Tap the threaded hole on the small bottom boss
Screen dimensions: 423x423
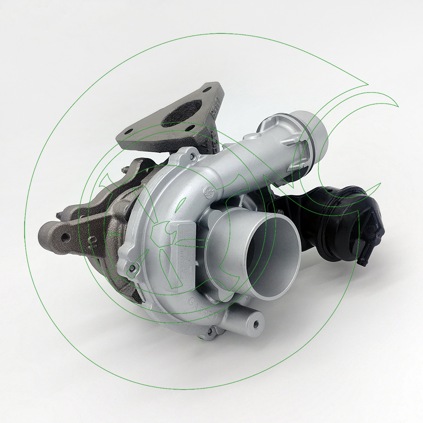pyautogui.click(x=256, y=326)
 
